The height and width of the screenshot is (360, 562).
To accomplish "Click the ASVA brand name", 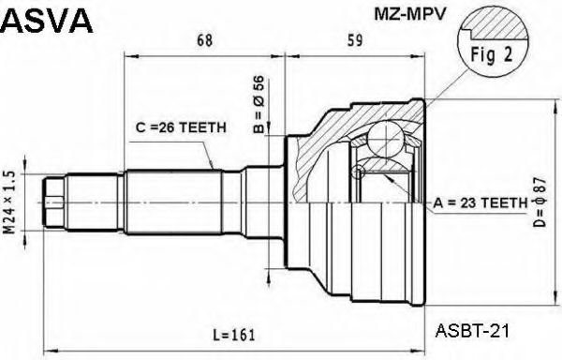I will tap(47, 20).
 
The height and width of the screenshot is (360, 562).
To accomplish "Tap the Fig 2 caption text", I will tap(492, 54).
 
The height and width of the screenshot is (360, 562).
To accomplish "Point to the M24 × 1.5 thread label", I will tap(10, 203).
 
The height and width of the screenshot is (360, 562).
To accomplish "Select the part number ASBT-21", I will tap(473, 330).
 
